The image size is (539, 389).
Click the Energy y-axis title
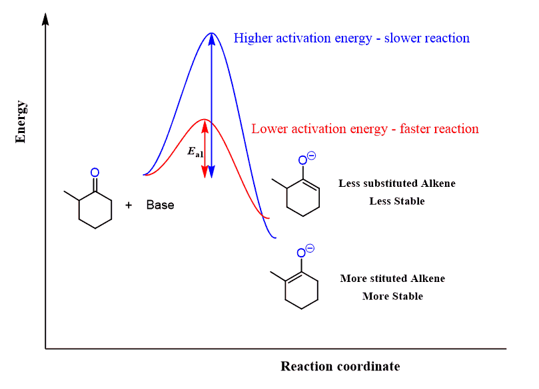21,122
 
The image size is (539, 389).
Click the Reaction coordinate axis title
340,366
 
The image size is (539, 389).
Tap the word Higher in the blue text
253,38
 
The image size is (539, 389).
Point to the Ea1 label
195,152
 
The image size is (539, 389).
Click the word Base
160,205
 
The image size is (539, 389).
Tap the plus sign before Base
129,205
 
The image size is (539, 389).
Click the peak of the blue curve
211,33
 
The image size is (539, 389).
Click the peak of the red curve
205,120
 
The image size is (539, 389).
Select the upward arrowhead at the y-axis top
45,19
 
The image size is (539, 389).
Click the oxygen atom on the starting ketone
95,172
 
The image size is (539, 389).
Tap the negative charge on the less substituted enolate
311,156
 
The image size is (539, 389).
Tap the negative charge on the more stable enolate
310,248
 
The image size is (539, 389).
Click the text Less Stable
397,201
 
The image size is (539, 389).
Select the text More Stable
392,296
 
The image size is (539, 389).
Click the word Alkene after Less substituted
438,183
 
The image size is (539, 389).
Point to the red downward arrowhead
205,172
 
